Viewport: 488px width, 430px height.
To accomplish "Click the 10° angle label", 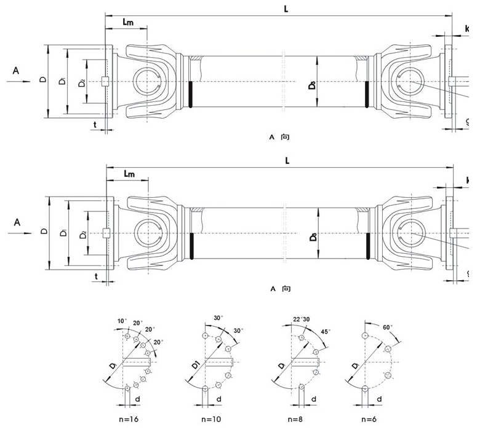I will pyautogui.click(x=121, y=321).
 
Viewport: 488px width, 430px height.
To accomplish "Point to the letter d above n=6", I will pyautogui.click(x=378, y=399).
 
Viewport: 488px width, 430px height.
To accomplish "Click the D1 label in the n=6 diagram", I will pyautogui.click(x=356, y=367).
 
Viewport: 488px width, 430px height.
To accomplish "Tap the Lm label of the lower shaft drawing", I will pyautogui.click(x=129, y=174).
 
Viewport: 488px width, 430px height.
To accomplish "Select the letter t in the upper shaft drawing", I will pyautogui.click(x=95, y=123).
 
